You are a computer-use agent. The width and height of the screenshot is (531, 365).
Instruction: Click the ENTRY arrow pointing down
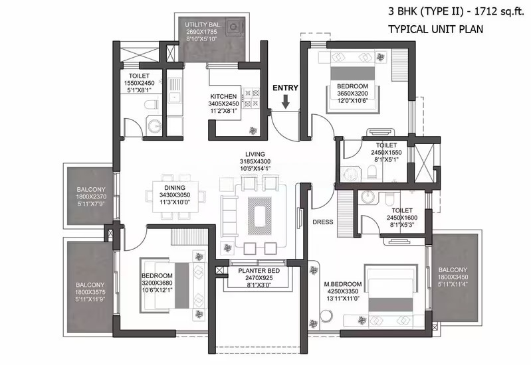coord(286,102)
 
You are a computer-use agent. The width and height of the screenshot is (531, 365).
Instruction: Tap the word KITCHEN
coord(223,96)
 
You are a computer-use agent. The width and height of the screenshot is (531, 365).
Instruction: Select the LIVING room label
coord(255,154)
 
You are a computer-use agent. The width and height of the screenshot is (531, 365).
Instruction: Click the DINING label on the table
coord(175,188)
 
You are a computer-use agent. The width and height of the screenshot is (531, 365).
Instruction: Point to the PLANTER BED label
coord(259,271)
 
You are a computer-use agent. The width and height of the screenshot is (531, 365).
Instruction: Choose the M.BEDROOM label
coord(343,284)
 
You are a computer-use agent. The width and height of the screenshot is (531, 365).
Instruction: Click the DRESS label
coord(323,222)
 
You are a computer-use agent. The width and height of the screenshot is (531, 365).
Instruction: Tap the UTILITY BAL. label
coord(203,25)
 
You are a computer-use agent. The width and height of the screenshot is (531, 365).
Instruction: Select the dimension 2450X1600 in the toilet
coord(402,218)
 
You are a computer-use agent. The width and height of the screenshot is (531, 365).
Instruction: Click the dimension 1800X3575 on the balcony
coord(90,292)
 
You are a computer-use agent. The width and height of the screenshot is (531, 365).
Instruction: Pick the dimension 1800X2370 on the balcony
coord(91,197)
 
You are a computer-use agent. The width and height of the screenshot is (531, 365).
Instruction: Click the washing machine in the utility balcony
coord(233,27)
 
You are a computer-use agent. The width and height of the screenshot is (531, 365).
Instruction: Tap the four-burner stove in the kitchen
coord(251,98)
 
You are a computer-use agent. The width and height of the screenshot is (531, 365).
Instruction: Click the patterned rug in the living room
coord(260,216)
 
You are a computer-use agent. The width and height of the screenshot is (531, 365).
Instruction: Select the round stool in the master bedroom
coord(326,317)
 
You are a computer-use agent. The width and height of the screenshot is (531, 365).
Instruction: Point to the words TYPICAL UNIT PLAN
coord(435,29)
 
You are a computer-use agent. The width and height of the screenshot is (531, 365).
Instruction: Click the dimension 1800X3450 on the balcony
coord(453,277)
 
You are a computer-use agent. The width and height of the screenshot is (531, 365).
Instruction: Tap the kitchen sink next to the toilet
coord(175,90)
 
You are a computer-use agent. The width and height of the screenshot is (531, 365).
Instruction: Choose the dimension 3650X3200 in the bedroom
coord(352,94)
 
